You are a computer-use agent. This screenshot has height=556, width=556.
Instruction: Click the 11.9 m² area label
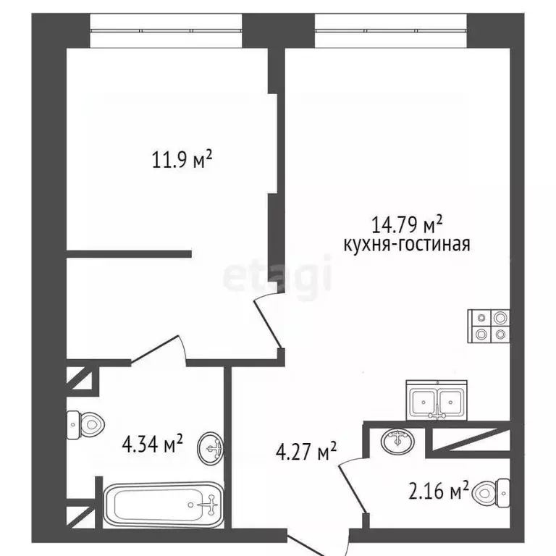pyautogui.click(x=182, y=159)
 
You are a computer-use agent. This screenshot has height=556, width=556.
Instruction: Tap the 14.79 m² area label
pyautogui.click(x=407, y=224)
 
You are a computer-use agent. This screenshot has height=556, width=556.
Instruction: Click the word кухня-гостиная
pyautogui.click(x=407, y=244)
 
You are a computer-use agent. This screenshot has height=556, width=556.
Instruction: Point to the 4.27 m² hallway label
pyautogui.click(x=306, y=451)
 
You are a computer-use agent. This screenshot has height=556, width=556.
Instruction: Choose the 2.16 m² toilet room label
pyautogui.click(x=439, y=490)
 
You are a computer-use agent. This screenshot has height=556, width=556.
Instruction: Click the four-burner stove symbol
pyautogui.click(x=489, y=327)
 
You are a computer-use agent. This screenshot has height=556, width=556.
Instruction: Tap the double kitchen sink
pyautogui.click(x=437, y=400)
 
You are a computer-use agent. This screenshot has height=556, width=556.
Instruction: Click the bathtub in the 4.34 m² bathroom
pyautogui.click(x=164, y=505)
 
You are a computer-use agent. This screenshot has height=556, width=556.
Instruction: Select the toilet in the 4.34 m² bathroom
pyautogui.click(x=85, y=425)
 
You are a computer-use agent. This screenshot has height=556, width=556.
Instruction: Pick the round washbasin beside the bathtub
pyautogui.click(x=210, y=448)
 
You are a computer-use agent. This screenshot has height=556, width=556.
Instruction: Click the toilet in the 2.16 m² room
pyautogui.click(x=492, y=493)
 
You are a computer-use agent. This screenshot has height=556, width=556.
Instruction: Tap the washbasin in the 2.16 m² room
pyautogui.click(x=398, y=441)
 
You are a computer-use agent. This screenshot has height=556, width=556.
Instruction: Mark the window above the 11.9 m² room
pyautogui.click(x=166, y=31)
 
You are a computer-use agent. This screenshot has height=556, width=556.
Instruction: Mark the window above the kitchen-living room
pyautogui.click(x=391, y=31)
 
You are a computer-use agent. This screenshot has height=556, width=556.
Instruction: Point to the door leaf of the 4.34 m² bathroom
pyautogui.click(x=154, y=349)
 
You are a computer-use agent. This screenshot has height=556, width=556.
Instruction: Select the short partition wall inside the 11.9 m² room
pyautogui.click(x=129, y=254)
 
